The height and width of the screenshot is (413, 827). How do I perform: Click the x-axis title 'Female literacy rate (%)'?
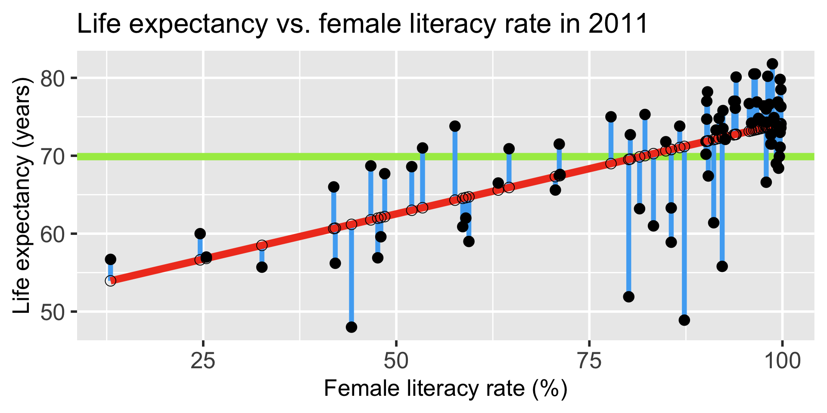click(445, 389)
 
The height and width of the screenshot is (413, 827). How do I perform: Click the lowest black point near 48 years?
click(351, 327)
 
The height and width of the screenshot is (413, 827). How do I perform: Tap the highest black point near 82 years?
click(772, 64)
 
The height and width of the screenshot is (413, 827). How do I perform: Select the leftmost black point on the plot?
click(110, 259)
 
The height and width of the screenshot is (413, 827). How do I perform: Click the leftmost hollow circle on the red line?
click(110, 281)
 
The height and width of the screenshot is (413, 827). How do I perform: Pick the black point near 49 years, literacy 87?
click(684, 320)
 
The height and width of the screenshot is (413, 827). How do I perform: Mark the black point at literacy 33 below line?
click(262, 267)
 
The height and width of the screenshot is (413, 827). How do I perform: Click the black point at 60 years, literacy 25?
click(200, 234)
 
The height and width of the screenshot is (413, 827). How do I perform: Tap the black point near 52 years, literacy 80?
click(628, 297)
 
